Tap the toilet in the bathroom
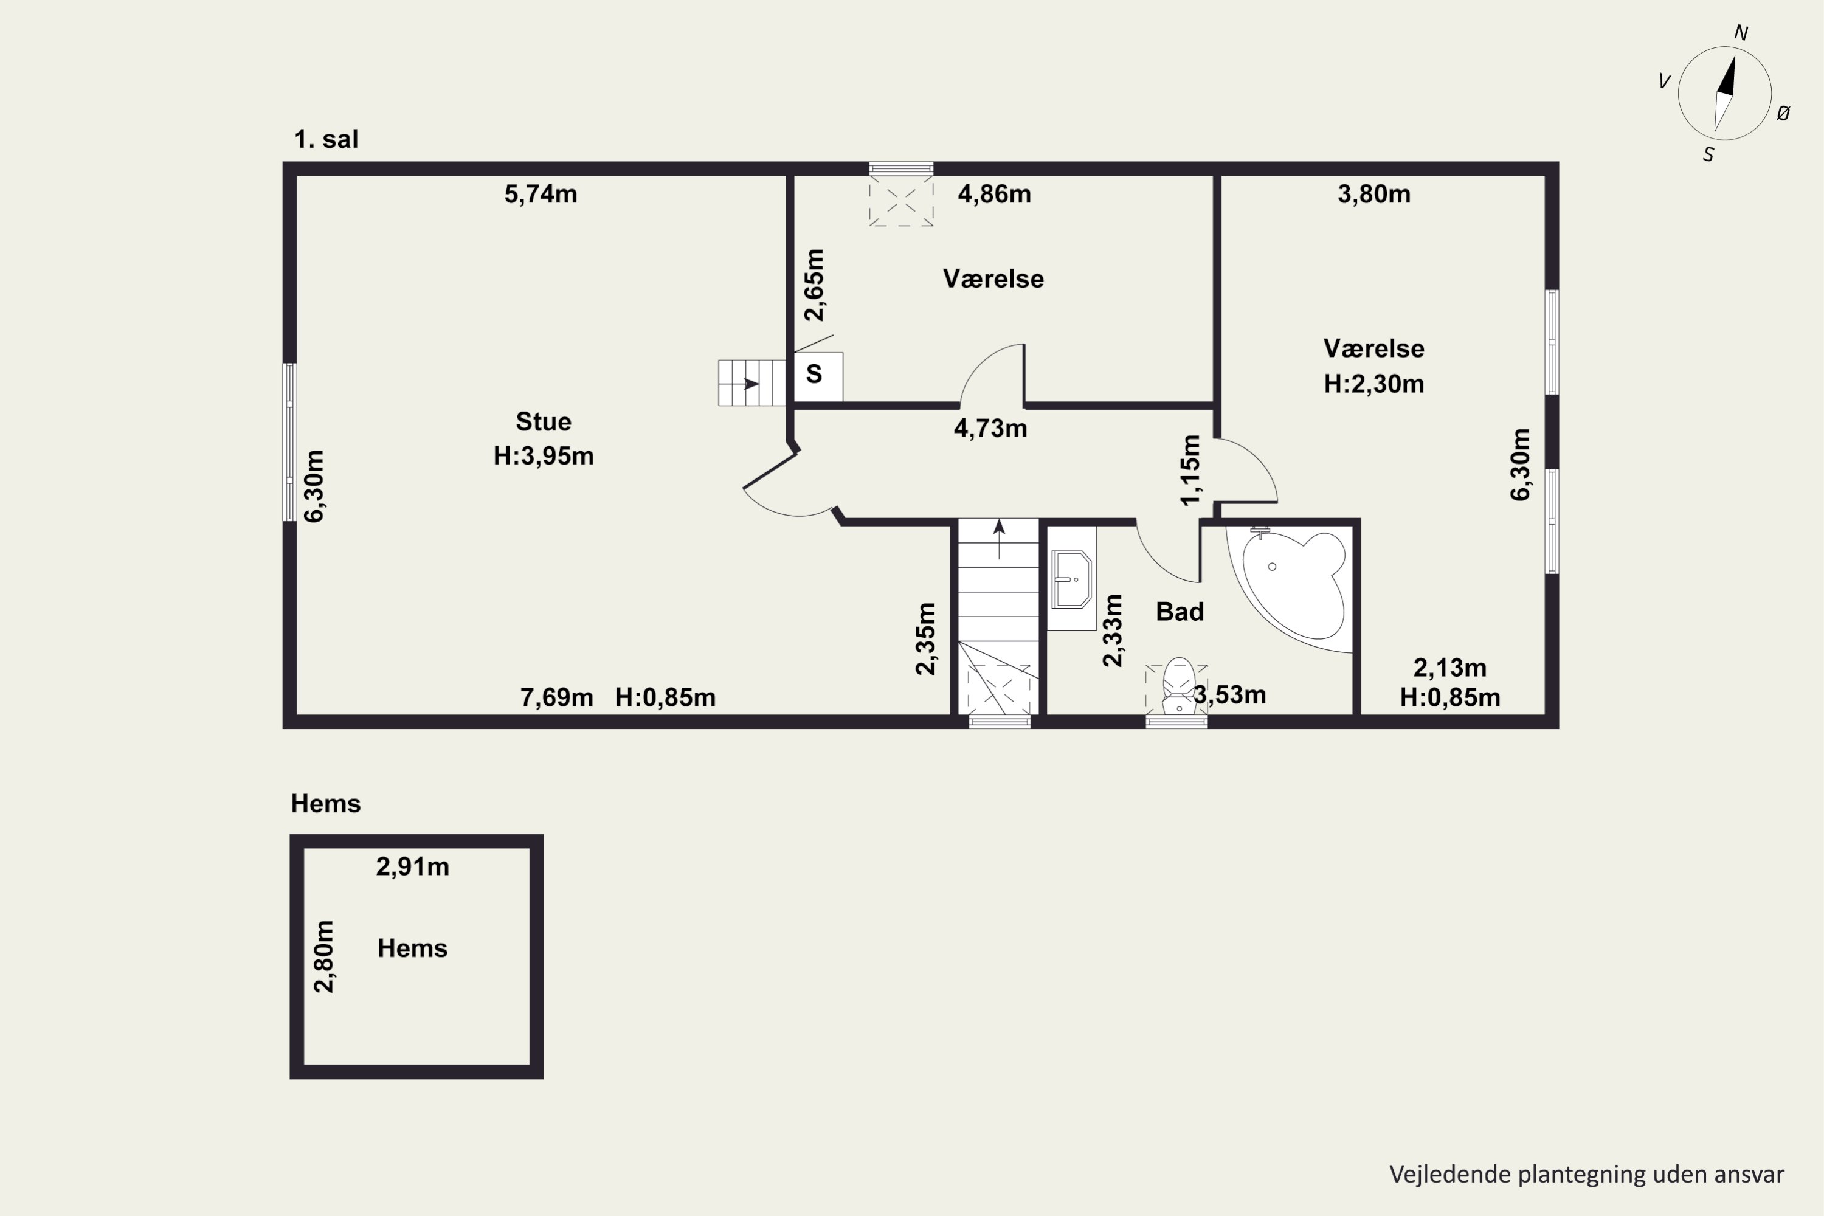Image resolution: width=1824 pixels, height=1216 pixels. pyautogui.click(x=1178, y=685)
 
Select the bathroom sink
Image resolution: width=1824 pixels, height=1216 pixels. pyautogui.click(x=1072, y=579)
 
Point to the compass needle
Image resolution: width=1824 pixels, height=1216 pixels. pyautogui.click(x=1724, y=94)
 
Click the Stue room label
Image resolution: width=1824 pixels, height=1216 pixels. pyautogui.click(x=543, y=422)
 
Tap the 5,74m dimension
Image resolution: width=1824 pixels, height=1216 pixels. pyautogui.click(x=541, y=194)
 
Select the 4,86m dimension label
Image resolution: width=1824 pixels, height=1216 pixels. pyautogui.click(x=994, y=194)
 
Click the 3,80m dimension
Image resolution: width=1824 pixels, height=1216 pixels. pyautogui.click(x=1373, y=194)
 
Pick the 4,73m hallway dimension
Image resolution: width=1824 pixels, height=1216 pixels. pyautogui.click(x=990, y=428)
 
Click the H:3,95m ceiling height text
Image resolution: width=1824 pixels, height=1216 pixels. pyautogui.click(x=544, y=456)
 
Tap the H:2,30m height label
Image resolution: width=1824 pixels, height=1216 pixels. pyautogui.click(x=1373, y=384)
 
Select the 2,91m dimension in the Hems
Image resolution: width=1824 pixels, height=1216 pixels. pyautogui.click(x=413, y=866)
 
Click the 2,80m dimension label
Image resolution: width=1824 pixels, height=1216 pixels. pyautogui.click(x=323, y=956)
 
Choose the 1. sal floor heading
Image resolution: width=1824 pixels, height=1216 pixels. pyautogui.click(x=326, y=140)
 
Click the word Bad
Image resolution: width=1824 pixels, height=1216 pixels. pyautogui.click(x=1180, y=612)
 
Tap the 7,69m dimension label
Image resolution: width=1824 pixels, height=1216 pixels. pyautogui.click(x=556, y=698)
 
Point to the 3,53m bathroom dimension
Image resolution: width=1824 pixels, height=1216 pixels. pyautogui.click(x=1230, y=695)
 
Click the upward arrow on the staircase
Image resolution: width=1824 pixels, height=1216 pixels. pyautogui.click(x=999, y=539)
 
